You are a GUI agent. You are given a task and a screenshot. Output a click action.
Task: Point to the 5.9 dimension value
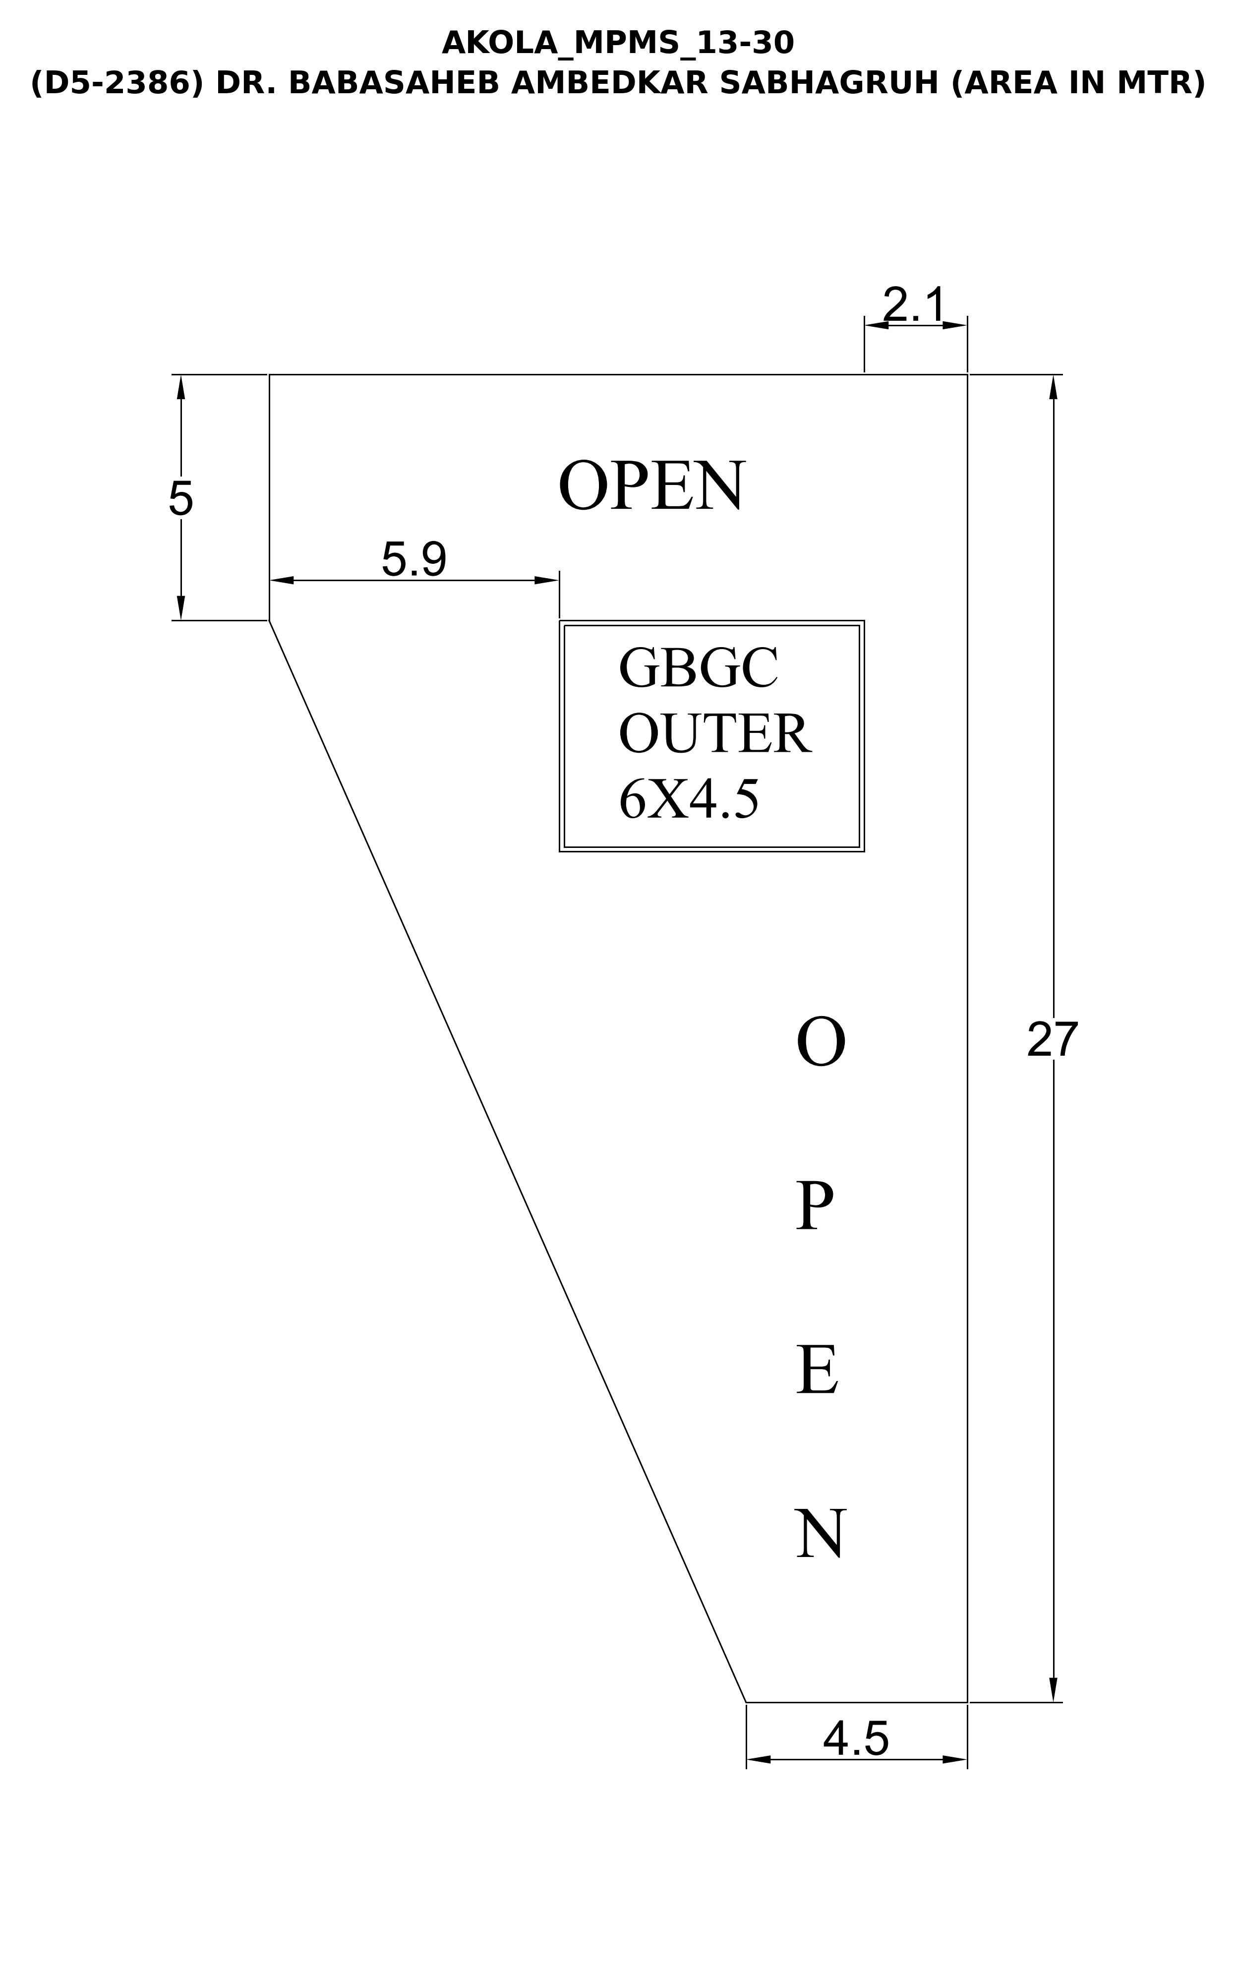pyautogui.click(x=414, y=560)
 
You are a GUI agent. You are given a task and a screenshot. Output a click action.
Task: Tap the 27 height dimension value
pyautogui.click(x=1053, y=1040)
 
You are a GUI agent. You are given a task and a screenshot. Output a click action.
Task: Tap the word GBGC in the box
pyautogui.click(x=699, y=668)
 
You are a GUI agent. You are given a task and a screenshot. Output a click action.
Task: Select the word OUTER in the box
pyautogui.click(x=714, y=733)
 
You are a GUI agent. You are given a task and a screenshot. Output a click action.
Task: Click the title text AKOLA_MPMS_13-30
pyautogui.click(x=618, y=43)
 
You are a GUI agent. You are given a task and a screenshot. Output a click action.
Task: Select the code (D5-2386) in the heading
pyautogui.click(x=116, y=83)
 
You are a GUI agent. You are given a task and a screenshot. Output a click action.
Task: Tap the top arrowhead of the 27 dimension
pyautogui.click(x=1053, y=387)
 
